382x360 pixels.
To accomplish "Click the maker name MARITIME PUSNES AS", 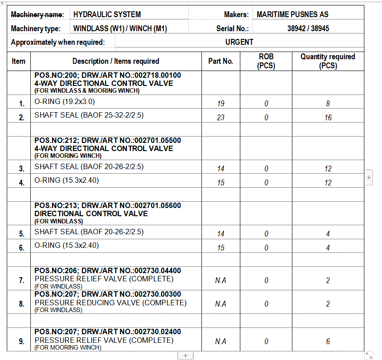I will pos(292,14).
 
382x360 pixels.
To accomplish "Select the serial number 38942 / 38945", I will pos(308,28).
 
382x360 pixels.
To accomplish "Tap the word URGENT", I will pos(239,42).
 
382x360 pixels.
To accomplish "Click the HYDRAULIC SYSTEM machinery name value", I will pos(107,14).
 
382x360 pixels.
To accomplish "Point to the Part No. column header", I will pos(220,61).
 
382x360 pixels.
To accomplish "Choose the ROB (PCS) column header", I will pos(266,61).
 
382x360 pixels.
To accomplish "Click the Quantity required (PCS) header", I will pos(328,61).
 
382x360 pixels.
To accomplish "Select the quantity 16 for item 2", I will pos(328,118).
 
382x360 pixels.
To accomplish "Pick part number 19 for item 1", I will pos(221,104).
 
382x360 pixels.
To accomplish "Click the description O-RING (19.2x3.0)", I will pos(65,101).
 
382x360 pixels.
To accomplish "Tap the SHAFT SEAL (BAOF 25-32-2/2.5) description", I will pos(89,115).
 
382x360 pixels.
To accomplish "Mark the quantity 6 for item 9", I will pos(328,341).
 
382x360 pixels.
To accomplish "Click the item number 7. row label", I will pos(22,281).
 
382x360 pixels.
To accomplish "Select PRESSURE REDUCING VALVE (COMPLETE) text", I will pos(110,303).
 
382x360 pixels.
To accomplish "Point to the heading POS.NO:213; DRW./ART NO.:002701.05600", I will pos(108,206).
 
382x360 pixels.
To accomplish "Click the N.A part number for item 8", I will pos(221,304).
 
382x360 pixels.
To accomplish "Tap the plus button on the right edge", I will pos(369,178).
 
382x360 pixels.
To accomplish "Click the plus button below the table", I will pos(185,355).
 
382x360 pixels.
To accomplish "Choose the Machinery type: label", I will pos(35,28).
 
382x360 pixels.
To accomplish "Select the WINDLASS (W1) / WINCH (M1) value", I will pos(120,28).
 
